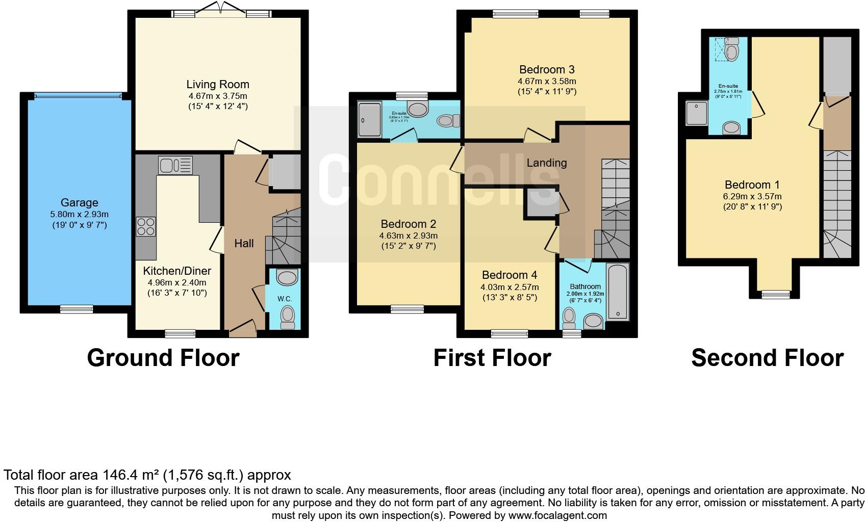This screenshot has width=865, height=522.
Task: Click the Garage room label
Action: tap(79, 202)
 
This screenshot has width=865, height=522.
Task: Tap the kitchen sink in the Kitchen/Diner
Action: tap(175, 165)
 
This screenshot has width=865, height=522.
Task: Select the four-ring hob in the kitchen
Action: tap(146, 226)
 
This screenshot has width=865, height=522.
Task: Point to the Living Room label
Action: tap(218, 85)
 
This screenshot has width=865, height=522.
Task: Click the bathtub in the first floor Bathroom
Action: tap(618, 292)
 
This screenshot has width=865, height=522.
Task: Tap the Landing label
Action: tap(546, 163)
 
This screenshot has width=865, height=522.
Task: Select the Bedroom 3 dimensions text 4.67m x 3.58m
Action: tap(547, 81)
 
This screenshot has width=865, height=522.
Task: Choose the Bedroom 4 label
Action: tap(509, 275)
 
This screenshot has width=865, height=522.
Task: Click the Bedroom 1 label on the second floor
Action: tap(752, 185)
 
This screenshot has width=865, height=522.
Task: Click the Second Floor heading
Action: tap(767, 358)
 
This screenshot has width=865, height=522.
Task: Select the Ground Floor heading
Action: tap(163, 358)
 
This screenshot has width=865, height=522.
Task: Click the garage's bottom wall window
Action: tap(77, 308)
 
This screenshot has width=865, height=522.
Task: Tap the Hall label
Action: tap(244, 244)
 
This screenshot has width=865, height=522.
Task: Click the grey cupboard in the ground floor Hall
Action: tap(285, 173)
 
